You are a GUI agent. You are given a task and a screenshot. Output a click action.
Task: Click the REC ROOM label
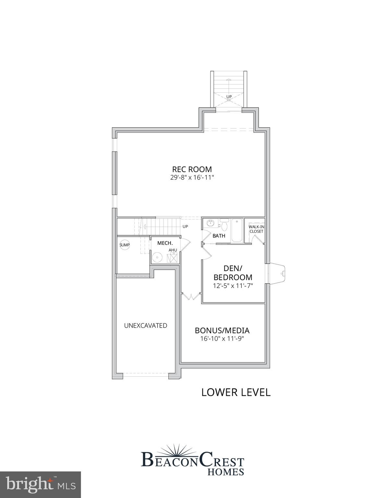(192, 169)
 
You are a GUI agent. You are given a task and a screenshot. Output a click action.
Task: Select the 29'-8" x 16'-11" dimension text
(192, 178)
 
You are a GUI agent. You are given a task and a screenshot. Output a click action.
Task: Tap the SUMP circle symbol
(125, 245)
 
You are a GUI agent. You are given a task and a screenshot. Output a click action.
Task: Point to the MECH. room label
(165, 243)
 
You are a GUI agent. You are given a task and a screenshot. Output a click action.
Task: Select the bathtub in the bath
(237, 230)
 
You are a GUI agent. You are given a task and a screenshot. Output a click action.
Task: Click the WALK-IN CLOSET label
(256, 229)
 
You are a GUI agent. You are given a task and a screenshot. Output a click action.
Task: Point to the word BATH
(219, 236)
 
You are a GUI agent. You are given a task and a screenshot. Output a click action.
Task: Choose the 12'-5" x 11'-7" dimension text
(233, 286)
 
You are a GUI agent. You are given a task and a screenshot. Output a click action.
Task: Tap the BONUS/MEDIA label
(222, 330)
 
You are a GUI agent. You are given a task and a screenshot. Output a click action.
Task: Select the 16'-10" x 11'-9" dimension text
(222, 339)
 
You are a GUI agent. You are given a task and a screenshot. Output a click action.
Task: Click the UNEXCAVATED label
(146, 326)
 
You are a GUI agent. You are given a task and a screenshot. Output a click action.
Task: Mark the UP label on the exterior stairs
(229, 97)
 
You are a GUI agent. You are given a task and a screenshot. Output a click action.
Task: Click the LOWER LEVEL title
(236, 392)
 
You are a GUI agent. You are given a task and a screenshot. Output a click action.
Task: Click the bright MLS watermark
(40, 485)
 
